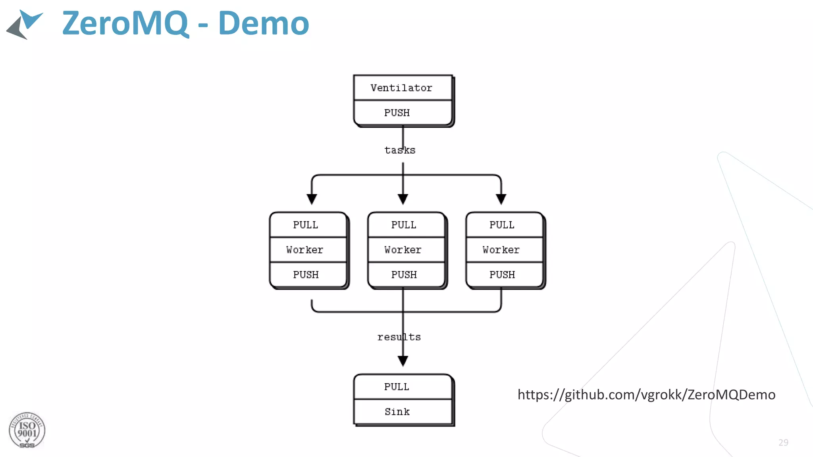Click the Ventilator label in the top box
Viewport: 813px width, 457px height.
tap(401, 88)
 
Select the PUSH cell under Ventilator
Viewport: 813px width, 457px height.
tap(397, 113)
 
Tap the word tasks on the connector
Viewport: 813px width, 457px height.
tap(399, 150)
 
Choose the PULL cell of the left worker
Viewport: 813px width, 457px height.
tap(305, 225)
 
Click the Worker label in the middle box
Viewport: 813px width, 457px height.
tap(403, 250)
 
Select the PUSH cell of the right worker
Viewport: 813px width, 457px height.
tap(502, 275)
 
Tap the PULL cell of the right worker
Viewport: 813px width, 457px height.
tap(502, 225)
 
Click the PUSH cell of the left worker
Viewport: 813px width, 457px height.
tap(306, 275)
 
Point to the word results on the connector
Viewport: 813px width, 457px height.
tap(399, 337)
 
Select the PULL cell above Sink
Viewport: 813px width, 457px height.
tap(397, 387)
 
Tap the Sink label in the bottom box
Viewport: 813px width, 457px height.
tap(397, 412)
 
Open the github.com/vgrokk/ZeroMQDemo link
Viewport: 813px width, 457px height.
tap(646, 395)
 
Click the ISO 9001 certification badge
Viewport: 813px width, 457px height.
tap(27, 430)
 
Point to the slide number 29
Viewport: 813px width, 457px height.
tap(783, 443)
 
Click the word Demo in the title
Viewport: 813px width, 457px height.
tap(264, 23)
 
